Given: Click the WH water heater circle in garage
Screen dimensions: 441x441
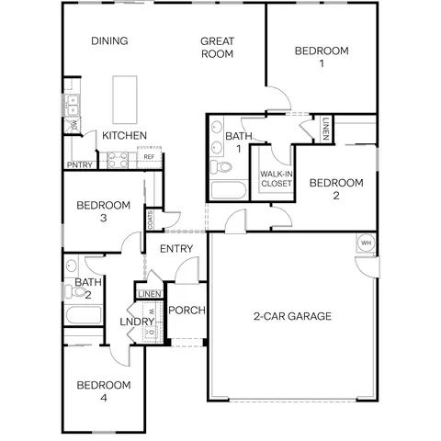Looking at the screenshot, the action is click(366, 243).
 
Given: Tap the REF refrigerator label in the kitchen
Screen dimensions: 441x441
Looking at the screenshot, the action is click(149, 157).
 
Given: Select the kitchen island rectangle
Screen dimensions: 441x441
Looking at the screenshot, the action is click(125, 100).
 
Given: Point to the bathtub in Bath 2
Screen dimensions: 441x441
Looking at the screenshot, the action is click(84, 314).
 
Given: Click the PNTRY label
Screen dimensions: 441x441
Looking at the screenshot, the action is click(80, 165).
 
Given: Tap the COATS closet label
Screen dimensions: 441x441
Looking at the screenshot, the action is click(151, 220).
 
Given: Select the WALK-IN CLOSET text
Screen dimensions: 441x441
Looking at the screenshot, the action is click(277, 179).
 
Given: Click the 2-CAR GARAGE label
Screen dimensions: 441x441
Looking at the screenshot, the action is click(292, 316).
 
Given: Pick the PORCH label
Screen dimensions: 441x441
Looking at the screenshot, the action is click(187, 311).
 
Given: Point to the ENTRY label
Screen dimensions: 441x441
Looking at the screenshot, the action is click(176, 249).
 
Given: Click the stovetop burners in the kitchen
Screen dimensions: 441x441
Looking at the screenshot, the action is click(118, 160).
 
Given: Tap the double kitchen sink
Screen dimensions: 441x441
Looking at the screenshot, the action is click(73, 105).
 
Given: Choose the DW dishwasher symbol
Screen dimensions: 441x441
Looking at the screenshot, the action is click(73, 125).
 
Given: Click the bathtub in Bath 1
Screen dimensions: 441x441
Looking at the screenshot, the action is click(229, 190).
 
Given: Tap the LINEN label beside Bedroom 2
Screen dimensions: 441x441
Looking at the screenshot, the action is click(325, 129).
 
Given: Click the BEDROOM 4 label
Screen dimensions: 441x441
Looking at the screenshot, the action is click(104, 391).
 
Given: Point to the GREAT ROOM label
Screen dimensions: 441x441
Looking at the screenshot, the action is click(217, 48).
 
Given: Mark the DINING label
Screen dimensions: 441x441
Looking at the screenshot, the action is click(109, 40).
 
